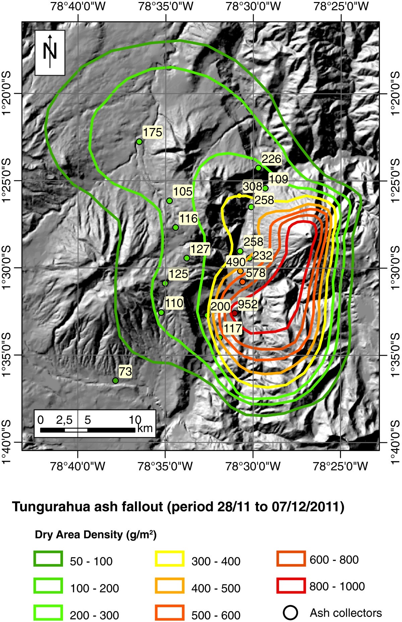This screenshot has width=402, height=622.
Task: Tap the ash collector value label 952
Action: [x=248, y=304]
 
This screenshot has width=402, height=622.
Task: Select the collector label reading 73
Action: [x=125, y=371]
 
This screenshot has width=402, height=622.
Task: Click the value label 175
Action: [x=152, y=132]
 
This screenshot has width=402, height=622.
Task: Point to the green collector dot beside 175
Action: [x=139, y=142]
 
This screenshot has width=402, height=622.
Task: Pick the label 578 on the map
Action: [x=256, y=273]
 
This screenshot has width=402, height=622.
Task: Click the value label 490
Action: [x=236, y=262]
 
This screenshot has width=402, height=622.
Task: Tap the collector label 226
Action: [x=271, y=159]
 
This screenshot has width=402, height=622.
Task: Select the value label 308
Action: [x=252, y=186]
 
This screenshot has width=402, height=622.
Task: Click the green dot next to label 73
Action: [x=116, y=380]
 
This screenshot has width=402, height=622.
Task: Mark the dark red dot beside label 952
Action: [x=234, y=313]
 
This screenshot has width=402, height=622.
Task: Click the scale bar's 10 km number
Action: [x=135, y=420]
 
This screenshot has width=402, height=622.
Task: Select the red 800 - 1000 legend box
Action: [x=291, y=586]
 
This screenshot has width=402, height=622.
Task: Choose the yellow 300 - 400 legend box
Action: [x=169, y=559]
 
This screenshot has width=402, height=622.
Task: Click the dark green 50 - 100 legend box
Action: [x=48, y=559]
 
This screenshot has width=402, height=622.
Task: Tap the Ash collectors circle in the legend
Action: [x=290, y=613]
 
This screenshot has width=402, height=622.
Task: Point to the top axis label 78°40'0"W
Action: [x=78, y=7]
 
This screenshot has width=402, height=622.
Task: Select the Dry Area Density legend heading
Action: [x=95, y=534]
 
